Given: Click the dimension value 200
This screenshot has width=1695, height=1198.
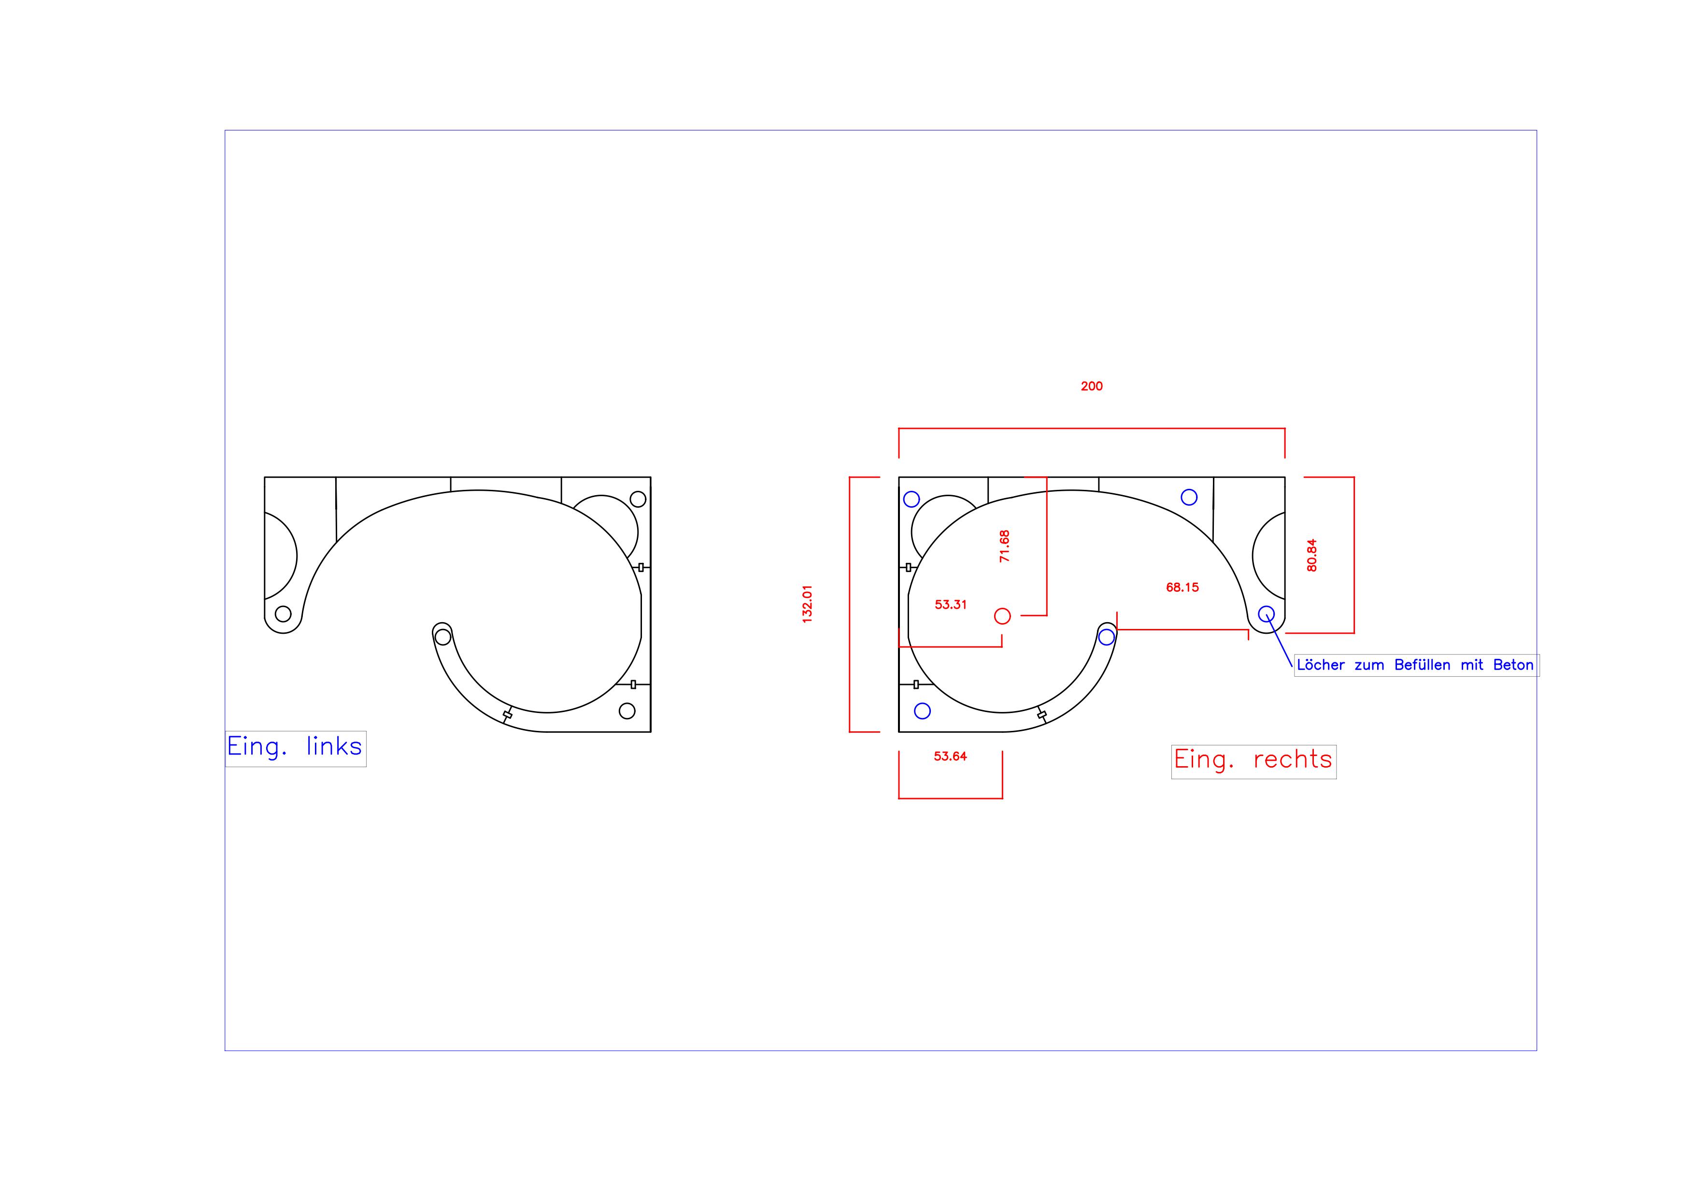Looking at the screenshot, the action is coord(1091,386).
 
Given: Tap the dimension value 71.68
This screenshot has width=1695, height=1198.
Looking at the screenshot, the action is coord(1004,546).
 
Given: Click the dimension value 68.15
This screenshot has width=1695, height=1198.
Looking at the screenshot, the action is coord(1182,587).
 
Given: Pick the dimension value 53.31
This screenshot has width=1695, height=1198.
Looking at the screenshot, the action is coord(950,604).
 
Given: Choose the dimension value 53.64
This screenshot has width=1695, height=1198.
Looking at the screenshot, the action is coord(950,756).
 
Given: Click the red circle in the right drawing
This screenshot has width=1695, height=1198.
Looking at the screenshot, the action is coord(1002,615).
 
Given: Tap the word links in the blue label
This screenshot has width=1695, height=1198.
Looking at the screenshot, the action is coord(334,746).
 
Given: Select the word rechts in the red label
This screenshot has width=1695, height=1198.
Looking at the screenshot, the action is coord(1293,759).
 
